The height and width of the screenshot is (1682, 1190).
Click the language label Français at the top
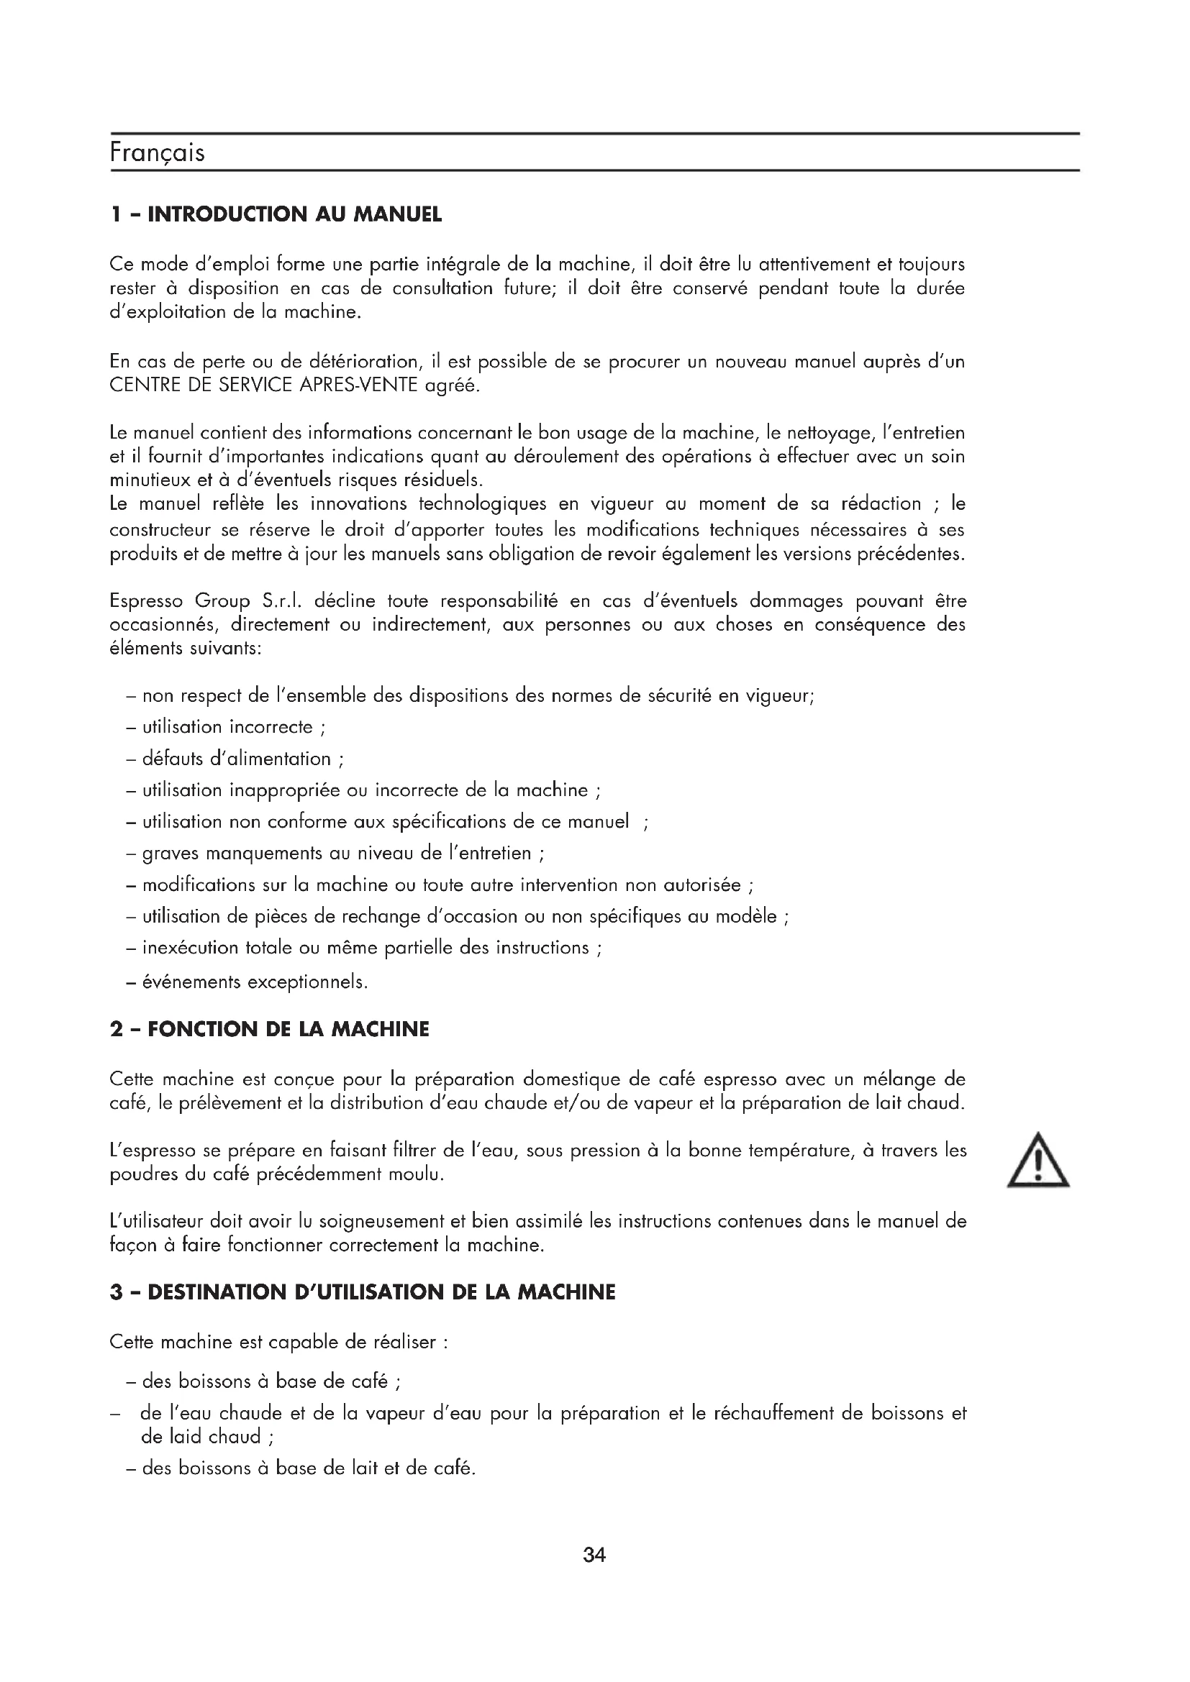pyautogui.click(x=157, y=152)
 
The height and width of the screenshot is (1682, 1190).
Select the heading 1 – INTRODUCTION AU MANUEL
pyautogui.click(x=276, y=214)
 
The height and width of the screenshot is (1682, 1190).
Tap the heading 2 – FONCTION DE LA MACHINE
pyautogui.click(x=269, y=1029)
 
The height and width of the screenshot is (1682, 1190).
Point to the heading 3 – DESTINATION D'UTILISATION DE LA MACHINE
pyautogui.click(x=362, y=1292)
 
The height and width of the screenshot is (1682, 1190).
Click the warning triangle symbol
pyautogui.click(x=1037, y=1161)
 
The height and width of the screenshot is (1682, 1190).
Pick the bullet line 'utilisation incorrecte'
pyautogui.click(x=227, y=727)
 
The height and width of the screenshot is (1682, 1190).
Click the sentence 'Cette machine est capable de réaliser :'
pyautogui.click(x=278, y=1342)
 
